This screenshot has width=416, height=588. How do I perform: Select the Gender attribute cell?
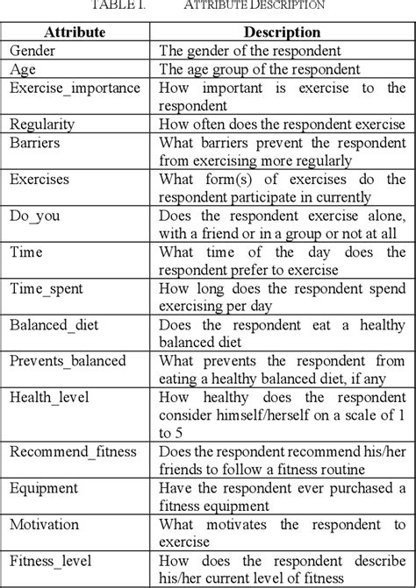click(x=34, y=51)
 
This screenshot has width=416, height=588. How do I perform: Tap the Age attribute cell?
click(x=24, y=69)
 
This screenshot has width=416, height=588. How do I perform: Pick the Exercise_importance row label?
click(x=74, y=88)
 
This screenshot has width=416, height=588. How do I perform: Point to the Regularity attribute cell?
click(x=42, y=124)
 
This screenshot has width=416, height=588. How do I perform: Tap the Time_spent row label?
click(x=47, y=287)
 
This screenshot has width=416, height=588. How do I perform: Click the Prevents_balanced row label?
click(x=68, y=360)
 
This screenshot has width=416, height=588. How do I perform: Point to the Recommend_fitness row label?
click(x=75, y=451)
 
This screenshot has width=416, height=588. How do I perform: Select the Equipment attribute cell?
click(x=45, y=488)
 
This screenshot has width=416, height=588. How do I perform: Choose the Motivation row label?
click(x=46, y=524)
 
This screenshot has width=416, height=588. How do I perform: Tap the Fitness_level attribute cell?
click(x=54, y=561)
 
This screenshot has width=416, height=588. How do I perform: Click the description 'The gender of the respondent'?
click(x=251, y=51)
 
